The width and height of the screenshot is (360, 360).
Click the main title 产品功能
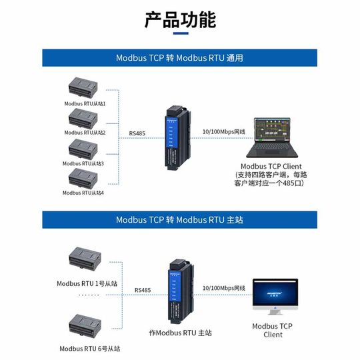point(180,19)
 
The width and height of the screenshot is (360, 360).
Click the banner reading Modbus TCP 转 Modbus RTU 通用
point(180,58)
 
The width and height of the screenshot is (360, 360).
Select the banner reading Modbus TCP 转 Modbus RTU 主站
point(180,219)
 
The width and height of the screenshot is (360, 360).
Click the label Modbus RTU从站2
point(85,133)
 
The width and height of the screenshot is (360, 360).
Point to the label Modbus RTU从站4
point(83,193)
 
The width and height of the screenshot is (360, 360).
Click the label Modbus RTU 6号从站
point(90,348)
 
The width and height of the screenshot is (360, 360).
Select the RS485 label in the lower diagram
point(142,290)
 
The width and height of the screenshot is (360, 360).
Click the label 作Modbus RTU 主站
point(180,331)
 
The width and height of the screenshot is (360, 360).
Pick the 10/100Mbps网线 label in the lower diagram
point(223,288)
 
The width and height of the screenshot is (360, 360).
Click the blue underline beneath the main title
point(180,34)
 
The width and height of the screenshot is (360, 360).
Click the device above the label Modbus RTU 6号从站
point(85,326)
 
